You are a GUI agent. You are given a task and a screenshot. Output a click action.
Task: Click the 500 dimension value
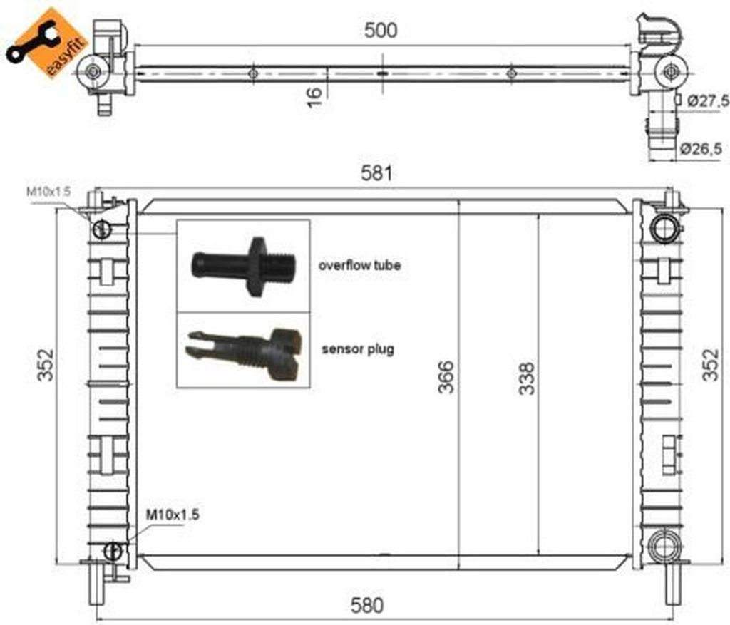tap(381, 30)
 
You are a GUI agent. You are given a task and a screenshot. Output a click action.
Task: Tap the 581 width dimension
tap(376, 173)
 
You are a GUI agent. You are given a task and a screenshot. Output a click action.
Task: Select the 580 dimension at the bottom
tap(367, 605)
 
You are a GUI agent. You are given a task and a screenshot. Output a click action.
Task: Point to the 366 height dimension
tap(446, 376)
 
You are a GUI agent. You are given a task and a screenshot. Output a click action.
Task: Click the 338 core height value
tap(527, 378)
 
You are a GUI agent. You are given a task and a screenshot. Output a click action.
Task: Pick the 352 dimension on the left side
tap(46, 365)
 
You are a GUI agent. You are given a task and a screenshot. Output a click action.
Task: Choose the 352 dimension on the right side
tap(711, 365)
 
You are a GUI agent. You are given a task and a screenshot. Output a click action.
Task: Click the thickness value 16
tap(314, 97)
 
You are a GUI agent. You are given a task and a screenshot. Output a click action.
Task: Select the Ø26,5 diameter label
tap(701, 148)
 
